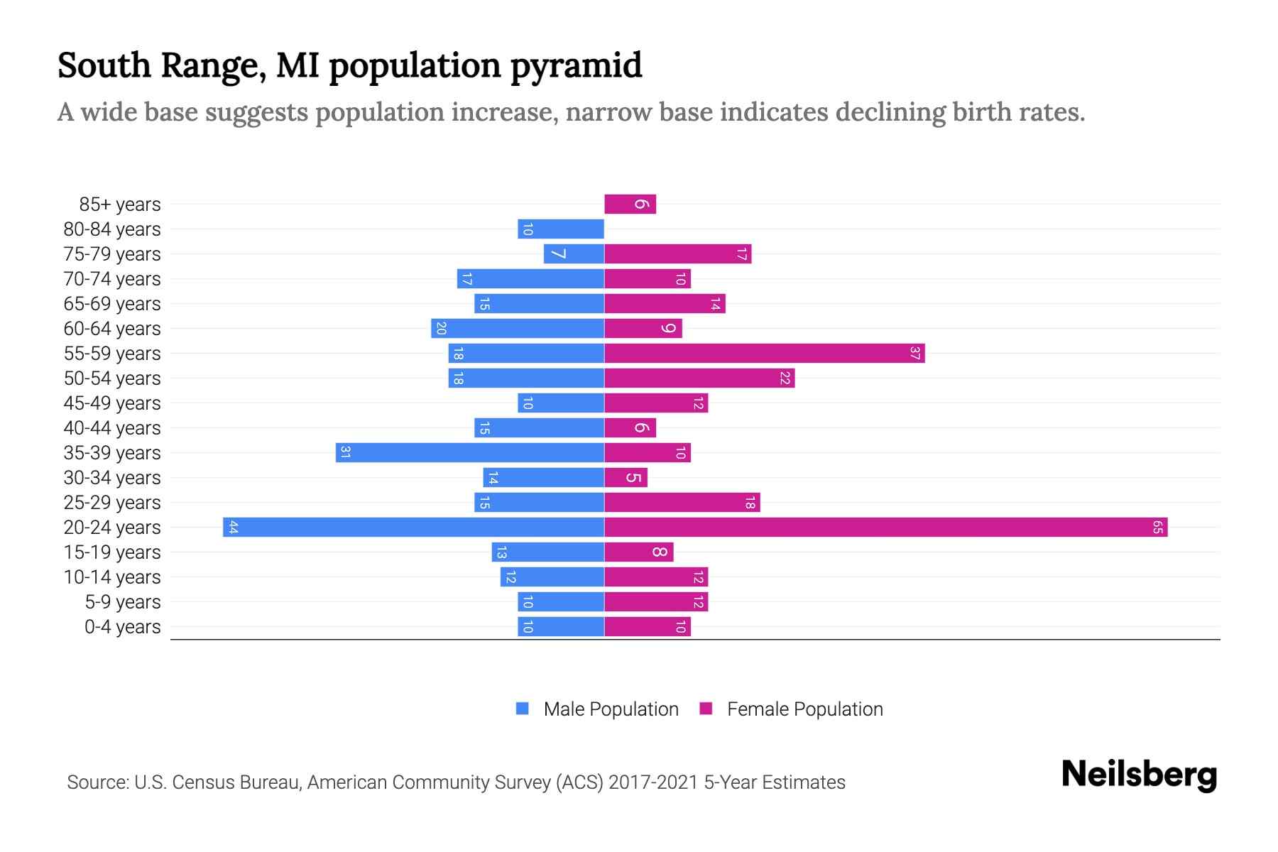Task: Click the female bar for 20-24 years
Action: [885, 528]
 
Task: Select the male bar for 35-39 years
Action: [469, 453]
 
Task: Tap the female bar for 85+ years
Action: [630, 204]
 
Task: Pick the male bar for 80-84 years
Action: [561, 229]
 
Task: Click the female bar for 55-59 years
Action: [764, 354]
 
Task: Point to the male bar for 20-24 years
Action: [413, 528]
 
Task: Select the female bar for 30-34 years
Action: [626, 478]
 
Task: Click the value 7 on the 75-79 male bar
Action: [559, 254]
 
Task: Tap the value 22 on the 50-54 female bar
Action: [785, 378]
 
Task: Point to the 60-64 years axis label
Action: [112, 329]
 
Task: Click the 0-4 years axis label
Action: [122, 627]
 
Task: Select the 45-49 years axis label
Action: [112, 403]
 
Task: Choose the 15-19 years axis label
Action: [112, 552]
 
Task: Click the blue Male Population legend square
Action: [523, 709]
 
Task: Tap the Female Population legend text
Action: [804, 709]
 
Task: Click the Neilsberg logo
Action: [1139, 775]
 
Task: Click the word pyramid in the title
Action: [576, 66]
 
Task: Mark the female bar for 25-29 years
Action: [682, 503]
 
